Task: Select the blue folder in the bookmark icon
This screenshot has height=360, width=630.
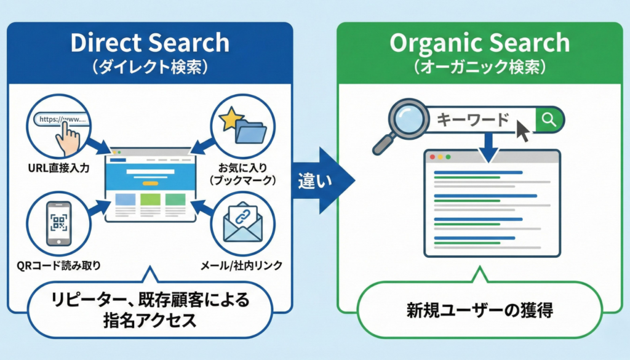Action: (x=249, y=130)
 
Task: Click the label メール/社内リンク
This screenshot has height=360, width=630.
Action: (x=241, y=266)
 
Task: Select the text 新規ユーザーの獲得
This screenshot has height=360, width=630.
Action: (x=480, y=309)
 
